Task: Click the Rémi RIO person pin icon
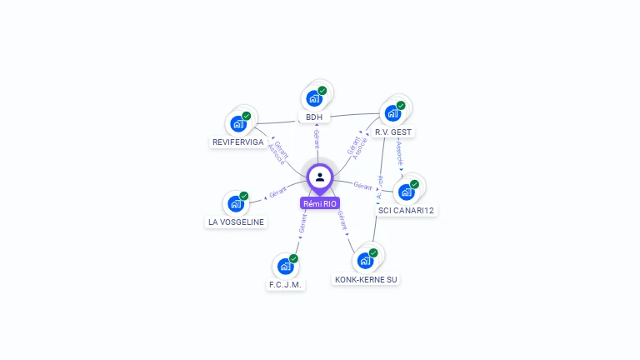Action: coord(320,177)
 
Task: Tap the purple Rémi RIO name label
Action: coord(320,203)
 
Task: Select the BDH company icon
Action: coord(314,98)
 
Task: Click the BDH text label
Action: coord(314,117)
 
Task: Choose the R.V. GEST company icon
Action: coord(392,113)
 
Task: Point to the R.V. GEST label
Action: coord(393,132)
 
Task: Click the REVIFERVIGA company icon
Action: coord(238,124)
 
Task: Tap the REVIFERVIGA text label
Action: coord(237,142)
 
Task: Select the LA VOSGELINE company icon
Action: coord(236,203)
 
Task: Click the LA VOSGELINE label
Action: coord(236,222)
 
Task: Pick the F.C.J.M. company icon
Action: coord(286,266)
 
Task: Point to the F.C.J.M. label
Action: coord(286,284)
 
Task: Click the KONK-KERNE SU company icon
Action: coord(365,261)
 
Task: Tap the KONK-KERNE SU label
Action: coord(366,279)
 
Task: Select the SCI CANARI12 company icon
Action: coord(406,192)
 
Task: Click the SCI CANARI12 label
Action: coord(407,210)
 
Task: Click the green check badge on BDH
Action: coord(322,90)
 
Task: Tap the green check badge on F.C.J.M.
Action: coord(294,258)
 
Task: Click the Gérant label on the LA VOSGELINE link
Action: coord(277,192)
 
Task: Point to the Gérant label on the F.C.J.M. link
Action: coord(303,222)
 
